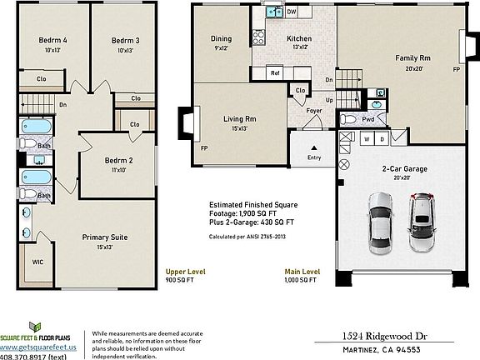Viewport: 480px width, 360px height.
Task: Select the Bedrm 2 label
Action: pos(119,161)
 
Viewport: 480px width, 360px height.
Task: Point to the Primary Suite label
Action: pos(104,237)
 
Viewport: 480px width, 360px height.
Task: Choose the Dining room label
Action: pos(221,39)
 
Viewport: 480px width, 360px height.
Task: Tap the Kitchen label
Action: pos(299,39)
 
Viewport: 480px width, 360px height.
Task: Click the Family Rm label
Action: pos(412,57)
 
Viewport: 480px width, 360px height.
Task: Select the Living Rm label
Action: pos(239,119)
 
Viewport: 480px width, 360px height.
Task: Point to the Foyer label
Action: pos(314,110)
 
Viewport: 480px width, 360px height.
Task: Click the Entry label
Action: pos(314,157)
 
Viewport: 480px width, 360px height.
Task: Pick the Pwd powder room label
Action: pos(367,119)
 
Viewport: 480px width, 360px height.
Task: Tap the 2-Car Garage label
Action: pos(404,168)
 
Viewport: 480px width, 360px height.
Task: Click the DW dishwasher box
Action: pos(292,12)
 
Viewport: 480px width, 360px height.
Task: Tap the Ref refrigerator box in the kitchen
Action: pos(275,73)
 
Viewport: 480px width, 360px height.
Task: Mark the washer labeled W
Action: pos(366,139)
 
